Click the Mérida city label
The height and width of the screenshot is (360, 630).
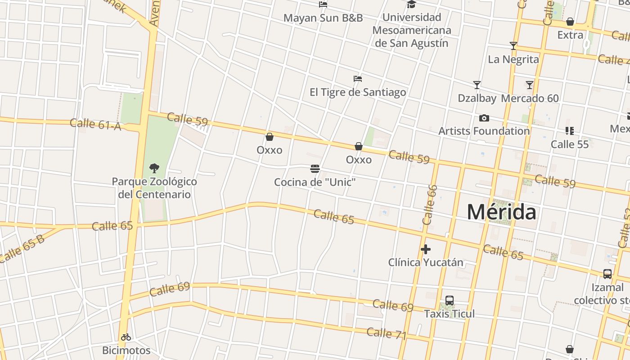(501, 211)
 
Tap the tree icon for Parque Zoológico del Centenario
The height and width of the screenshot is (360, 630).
(154, 169)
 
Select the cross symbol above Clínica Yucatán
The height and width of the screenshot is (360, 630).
(426, 249)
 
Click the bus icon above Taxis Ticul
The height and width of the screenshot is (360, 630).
(449, 301)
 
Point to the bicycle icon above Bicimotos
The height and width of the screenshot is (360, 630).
(126, 337)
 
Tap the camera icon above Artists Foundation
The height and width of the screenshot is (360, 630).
(484, 118)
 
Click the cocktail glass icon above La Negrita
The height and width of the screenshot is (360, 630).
(513, 46)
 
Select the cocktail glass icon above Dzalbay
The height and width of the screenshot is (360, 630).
(477, 85)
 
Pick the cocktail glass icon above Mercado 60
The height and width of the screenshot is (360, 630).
(530, 85)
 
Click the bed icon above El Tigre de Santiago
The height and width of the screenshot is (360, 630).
(358, 79)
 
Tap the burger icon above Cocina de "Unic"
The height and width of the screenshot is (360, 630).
(315, 169)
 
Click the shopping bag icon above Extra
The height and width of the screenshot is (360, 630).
(570, 22)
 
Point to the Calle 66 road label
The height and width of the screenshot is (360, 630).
(430, 205)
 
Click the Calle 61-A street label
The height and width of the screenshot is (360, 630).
(95, 124)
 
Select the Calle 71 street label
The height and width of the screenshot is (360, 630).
(386, 334)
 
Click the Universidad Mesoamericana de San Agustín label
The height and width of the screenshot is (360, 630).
(412, 30)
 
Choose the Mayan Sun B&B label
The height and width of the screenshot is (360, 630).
(323, 18)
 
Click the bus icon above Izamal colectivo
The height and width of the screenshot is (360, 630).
(607, 274)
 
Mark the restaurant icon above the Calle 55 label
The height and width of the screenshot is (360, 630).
(569, 131)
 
